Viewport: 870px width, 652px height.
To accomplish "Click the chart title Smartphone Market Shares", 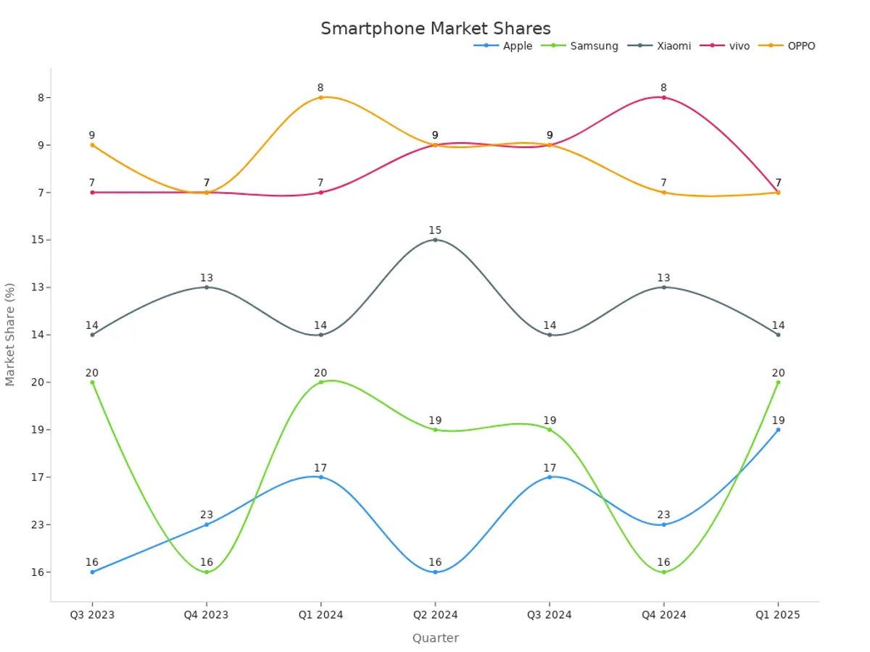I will point(436,28).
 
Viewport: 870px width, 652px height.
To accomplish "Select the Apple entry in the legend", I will point(517,46).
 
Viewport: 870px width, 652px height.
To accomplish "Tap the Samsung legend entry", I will point(594,46).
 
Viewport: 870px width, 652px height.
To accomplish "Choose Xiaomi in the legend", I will point(674,46).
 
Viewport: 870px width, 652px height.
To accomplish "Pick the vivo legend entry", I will point(739,46).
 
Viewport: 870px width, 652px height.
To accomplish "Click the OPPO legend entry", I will point(801,46).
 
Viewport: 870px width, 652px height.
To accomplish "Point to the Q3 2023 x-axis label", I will point(92,615).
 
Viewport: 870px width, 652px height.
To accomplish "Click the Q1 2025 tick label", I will point(778,615).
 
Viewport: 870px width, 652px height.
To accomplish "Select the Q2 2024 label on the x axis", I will point(435,615).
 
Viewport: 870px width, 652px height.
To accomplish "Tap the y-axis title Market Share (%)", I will point(10,334).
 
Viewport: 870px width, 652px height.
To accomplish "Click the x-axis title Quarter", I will point(435,638).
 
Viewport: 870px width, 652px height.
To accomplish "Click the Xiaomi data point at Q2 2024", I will point(435,240).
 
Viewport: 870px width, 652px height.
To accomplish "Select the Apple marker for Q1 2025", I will point(778,430).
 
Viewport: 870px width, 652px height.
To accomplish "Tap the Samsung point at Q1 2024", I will point(320,382).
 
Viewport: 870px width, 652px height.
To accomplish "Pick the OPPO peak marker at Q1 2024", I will point(320,97).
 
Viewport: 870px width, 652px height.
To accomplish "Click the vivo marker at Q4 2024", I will point(663,97).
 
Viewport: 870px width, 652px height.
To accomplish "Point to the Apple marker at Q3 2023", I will point(92,572).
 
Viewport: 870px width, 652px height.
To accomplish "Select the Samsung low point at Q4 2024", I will point(663,572).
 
